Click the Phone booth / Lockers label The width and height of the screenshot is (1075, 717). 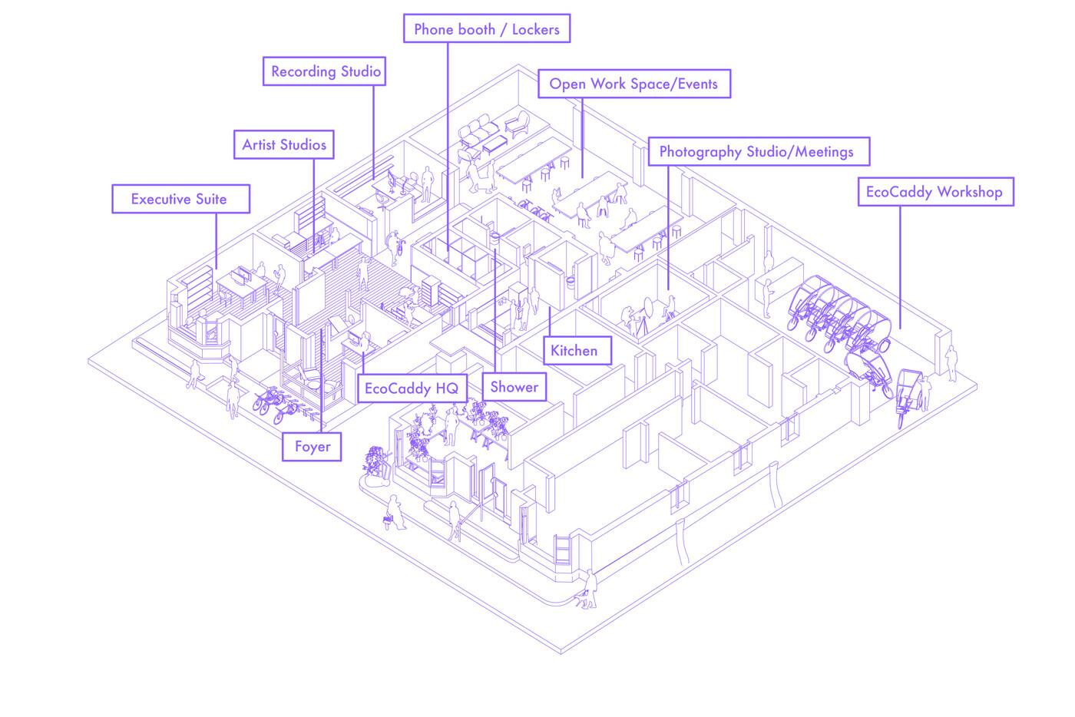pyautogui.click(x=487, y=29)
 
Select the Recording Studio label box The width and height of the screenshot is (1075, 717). pyautogui.click(x=324, y=71)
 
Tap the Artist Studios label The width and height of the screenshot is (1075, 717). pyautogui.click(x=283, y=144)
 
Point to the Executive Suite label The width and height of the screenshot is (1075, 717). pyautogui.click(x=181, y=199)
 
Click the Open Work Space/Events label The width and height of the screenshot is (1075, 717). pyautogui.click(x=634, y=84)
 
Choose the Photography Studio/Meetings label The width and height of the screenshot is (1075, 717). pyautogui.click(x=759, y=152)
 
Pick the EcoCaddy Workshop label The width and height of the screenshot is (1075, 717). pyautogui.click(x=936, y=192)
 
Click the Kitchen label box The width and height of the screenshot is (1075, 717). pyautogui.click(x=577, y=351)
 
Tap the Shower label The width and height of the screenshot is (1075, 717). pyautogui.click(x=514, y=387)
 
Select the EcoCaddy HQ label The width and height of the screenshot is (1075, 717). pyautogui.click(x=412, y=388)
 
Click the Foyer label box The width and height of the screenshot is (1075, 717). pyautogui.click(x=312, y=447)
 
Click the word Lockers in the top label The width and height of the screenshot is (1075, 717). pyautogui.click(x=536, y=29)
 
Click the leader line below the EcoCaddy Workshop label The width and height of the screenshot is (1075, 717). pyautogui.click(x=900, y=268)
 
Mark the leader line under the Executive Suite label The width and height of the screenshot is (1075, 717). pyautogui.click(x=216, y=241)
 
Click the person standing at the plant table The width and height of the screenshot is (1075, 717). pyautogui.click(x=451, y=425)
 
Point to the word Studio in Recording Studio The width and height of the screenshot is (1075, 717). pyautogui.click(x=360, y=71)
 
